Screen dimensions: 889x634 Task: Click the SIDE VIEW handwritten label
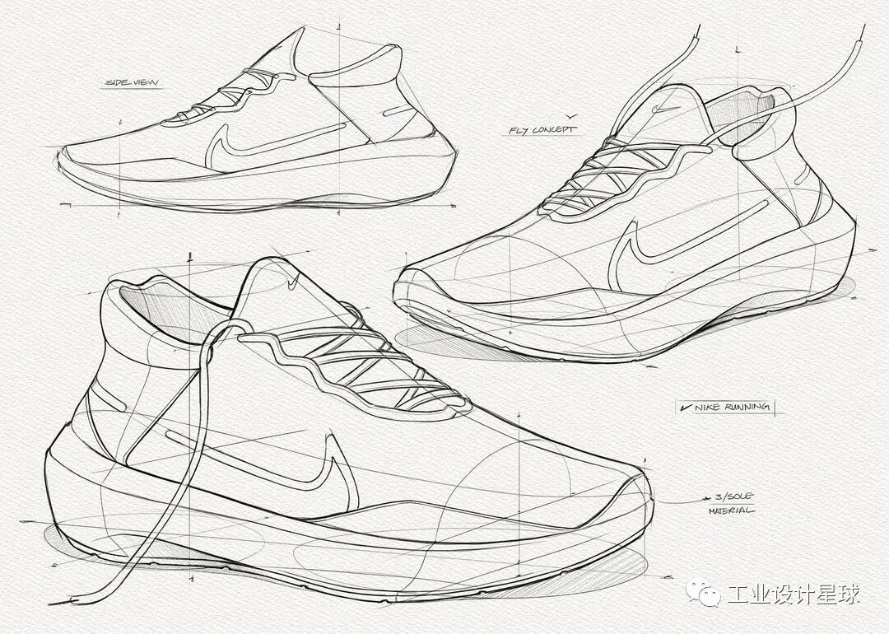click(132, 82)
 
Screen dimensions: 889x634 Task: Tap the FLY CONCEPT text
click(542, 130)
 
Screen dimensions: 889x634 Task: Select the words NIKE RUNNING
click(733, 407)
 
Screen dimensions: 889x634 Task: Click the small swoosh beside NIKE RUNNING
click(685, 407)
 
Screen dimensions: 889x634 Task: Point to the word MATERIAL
click(730, 510)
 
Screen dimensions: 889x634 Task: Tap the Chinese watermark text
click(793, 594)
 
